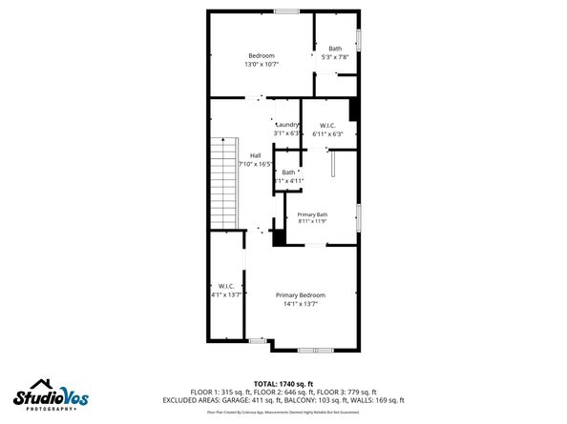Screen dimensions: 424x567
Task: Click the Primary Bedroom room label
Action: click(x=300, y=295)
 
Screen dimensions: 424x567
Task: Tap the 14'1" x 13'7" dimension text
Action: click(x=300, y=304)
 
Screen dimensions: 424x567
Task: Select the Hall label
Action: click(x=256, y=155)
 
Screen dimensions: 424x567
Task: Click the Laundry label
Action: click(x=287, y=125)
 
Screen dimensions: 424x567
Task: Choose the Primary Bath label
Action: click(x=312, y=214)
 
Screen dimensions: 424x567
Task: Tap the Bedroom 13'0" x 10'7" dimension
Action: click(x=262, y=65)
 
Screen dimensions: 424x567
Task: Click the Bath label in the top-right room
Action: click(x=335, y=49)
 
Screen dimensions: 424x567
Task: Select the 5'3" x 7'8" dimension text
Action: click(x=334, y=57)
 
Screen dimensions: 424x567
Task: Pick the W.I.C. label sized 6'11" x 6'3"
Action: click(x=326, y=125)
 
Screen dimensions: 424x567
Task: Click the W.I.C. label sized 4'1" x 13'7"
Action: click(x=226, y=286)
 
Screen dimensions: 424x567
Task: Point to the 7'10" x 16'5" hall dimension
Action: click(x=255, y=164)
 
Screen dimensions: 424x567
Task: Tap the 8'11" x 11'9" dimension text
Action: click(x=312, y=222)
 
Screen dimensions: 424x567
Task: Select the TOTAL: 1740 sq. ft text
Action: click(x=283, y=382)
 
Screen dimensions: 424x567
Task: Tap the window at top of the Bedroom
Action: click(x=285, y=11)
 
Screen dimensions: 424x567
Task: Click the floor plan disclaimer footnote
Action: click(x=283, y=413)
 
